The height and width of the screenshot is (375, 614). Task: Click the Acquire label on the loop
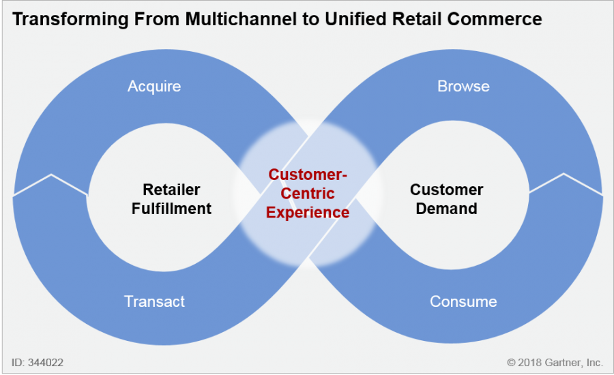click(154, 87)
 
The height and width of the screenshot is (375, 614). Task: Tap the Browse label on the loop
click(463, 87)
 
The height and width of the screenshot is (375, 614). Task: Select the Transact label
click(154, 301)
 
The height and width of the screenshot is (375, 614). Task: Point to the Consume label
click(463, 301)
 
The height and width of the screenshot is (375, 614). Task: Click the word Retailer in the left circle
click(171, 190)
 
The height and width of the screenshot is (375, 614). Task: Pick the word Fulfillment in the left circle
click(171, 209)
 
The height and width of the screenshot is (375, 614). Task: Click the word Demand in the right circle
click(447, 209)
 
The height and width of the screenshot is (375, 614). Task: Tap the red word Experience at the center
click(308, 212)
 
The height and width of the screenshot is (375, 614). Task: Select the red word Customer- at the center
click(308, 175)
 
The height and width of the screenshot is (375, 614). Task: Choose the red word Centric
click(308, 194)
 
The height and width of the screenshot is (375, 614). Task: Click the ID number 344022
click(47, 362)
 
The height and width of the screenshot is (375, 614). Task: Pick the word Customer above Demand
click(447, 190)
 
